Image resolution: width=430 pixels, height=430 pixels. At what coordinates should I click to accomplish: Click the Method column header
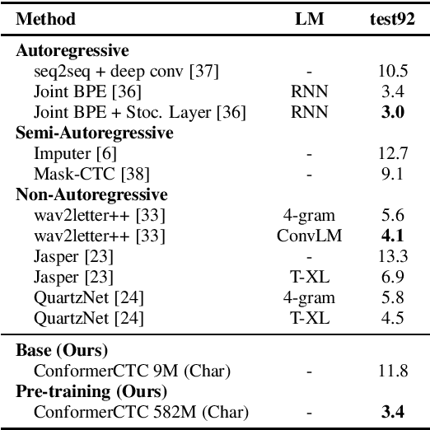46,19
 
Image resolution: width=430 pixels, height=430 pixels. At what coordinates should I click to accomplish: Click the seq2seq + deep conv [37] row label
127,71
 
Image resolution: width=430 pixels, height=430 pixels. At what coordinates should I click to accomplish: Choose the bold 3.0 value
392,112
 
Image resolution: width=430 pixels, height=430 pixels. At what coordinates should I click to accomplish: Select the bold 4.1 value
392,236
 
